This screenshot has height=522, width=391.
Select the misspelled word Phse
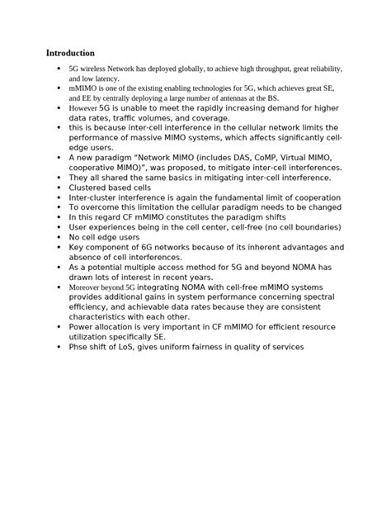[x=79, y=347]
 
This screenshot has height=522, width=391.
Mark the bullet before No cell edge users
[x=57, y=237]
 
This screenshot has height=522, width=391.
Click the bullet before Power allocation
[x=57, y=327]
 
